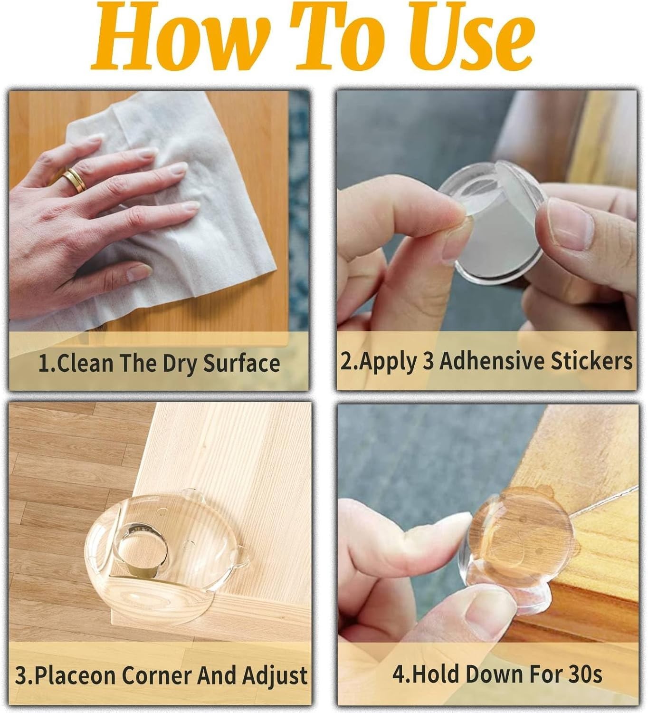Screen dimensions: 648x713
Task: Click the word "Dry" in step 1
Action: (181, 364)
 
